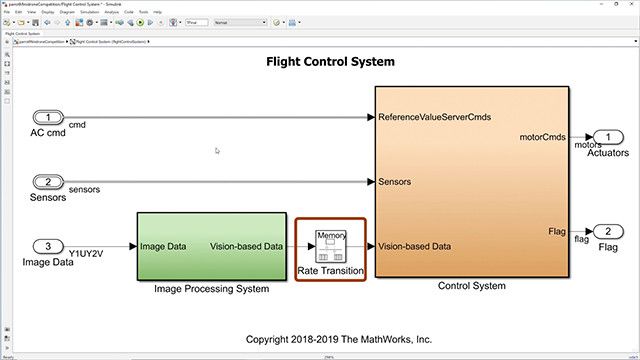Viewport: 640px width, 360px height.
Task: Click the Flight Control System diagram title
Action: coord(330,62)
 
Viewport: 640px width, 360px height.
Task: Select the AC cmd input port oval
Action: coord(49,118)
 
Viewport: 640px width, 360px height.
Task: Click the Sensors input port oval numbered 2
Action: coord(49,181)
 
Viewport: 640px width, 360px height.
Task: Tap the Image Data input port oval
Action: coord(49,246)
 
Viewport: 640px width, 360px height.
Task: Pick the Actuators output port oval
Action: coord(606,137)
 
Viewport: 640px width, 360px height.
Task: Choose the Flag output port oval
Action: coord(606,232)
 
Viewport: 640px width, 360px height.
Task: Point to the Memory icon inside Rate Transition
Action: coord(330,241)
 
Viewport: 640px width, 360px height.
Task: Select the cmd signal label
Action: coord(76,125)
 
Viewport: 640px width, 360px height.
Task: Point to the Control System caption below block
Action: coord(471,286)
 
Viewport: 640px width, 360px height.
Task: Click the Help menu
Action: coord(157,12)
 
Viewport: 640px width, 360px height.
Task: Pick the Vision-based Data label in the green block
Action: coord(246,246)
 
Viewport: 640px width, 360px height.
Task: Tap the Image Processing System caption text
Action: coord(212,289)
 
